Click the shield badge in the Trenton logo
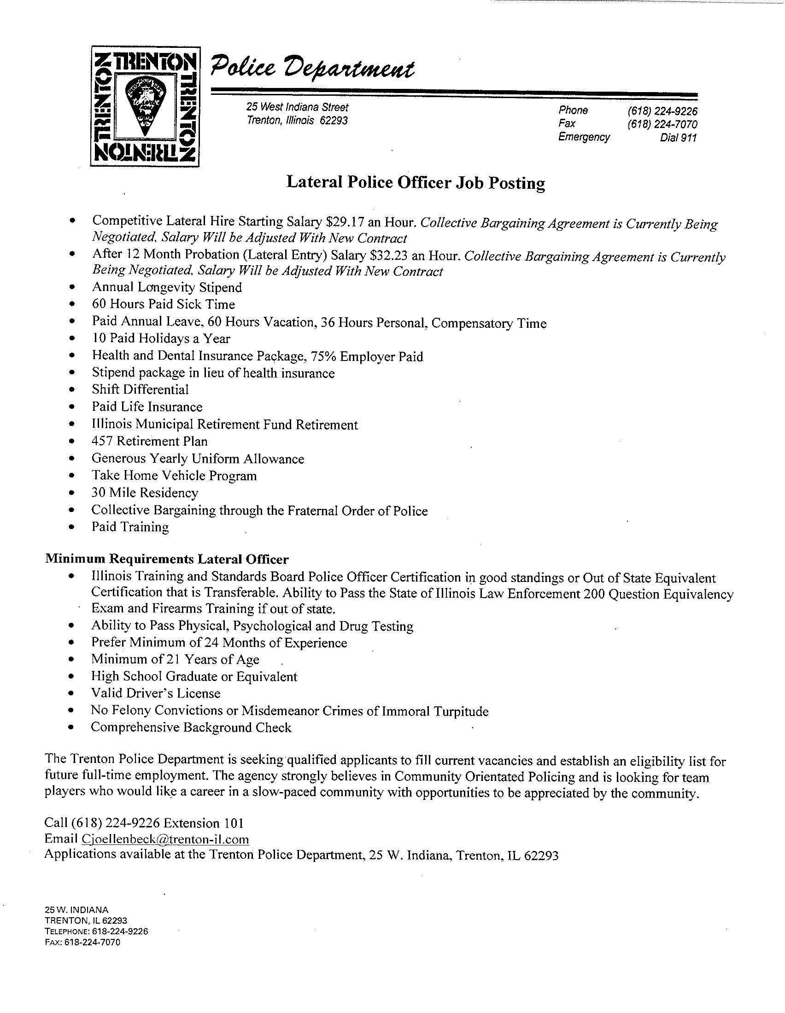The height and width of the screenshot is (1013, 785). [145, 105]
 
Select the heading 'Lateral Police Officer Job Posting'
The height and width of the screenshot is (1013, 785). [415, 182]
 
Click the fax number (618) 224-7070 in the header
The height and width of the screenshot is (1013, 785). [662, 124]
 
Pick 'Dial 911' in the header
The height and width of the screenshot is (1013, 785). [678, 138]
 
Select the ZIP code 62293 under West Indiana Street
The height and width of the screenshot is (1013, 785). [334, 121]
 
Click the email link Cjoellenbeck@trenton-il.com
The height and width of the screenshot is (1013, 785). [165, 839]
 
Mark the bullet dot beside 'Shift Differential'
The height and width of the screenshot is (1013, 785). [71, 390]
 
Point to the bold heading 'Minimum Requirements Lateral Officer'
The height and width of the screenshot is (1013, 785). [167, 559]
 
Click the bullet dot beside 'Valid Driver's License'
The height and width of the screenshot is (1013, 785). [71, 694]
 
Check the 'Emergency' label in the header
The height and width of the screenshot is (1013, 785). [584, 137]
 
